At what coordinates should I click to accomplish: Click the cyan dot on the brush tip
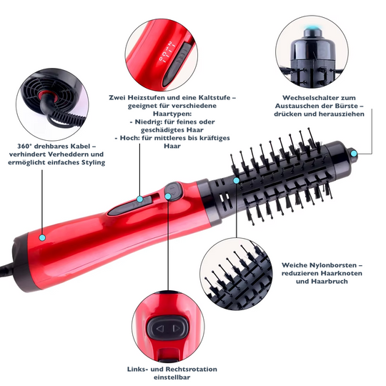(x=354, y=154)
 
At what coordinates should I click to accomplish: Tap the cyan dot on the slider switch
(x=140, y=199)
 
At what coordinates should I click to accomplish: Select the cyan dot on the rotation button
(x=168, y=196)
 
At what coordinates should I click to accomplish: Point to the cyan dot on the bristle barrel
(x=236, y=181)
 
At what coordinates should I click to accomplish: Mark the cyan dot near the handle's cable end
(x=42, y=237)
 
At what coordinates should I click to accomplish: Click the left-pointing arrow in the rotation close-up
(x=160, y=328)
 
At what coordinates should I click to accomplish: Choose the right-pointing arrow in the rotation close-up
(x=177, y=328)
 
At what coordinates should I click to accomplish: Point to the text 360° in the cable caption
(x=24, y=147)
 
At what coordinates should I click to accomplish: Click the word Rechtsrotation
(x=192, y=369)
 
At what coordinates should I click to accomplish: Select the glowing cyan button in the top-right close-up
(x=313, y=29)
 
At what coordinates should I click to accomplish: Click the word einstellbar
(x=172, y=377)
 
